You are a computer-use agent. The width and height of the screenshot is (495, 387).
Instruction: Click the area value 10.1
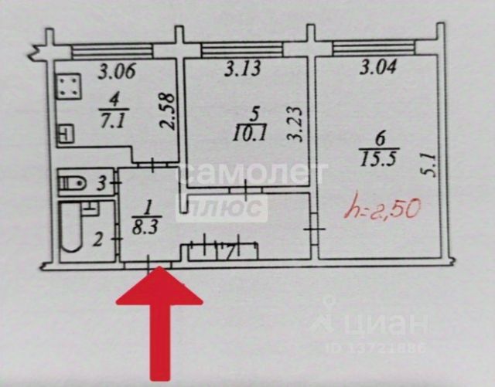[249, 131]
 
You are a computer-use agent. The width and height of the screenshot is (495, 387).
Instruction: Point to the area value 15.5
[379, 161]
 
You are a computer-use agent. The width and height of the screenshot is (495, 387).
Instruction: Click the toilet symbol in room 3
[74, 184]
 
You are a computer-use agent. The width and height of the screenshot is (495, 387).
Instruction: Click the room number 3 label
[101, 184]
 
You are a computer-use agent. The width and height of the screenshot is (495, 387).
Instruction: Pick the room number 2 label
[98, 239]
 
